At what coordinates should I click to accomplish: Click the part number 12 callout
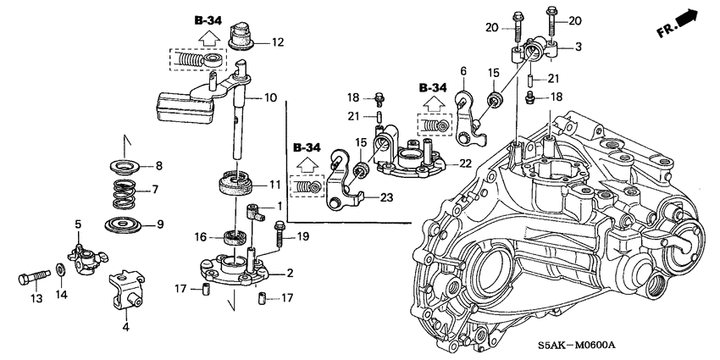coord(279,41)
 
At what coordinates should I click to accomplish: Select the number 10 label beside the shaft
coord(269,98)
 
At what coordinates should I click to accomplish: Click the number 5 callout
coord(78,224)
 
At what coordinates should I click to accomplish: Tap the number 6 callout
coord(463,71)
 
